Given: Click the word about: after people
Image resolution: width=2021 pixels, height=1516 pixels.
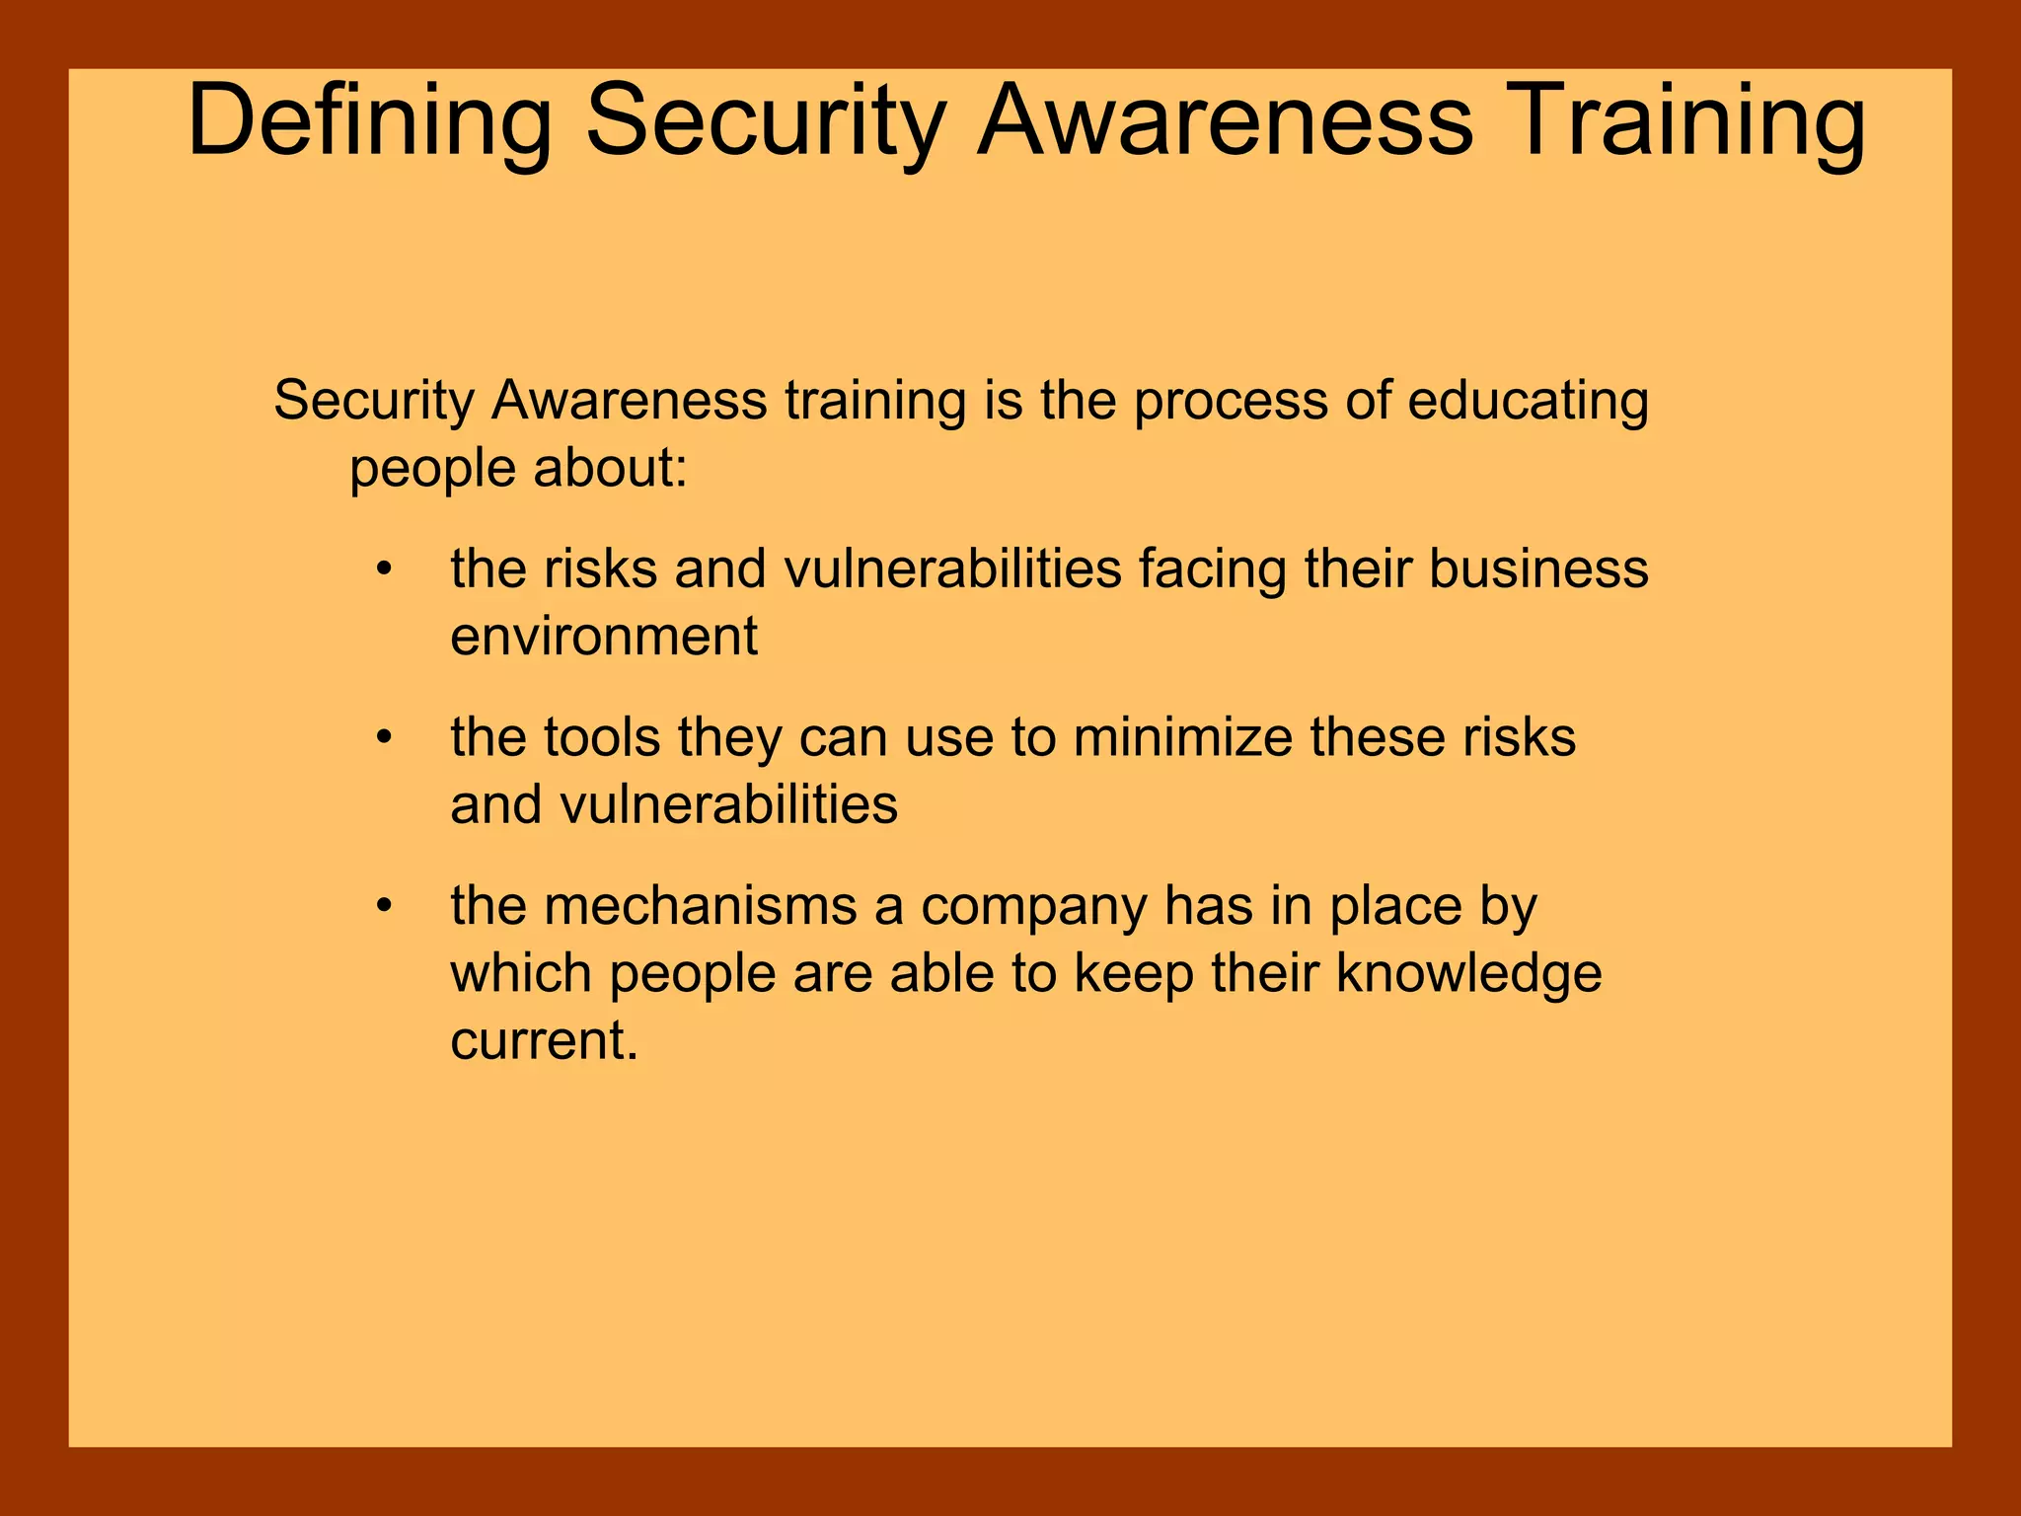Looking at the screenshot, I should [x=610, y=468].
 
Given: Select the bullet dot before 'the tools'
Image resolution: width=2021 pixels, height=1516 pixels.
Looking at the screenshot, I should [x=385, y=738].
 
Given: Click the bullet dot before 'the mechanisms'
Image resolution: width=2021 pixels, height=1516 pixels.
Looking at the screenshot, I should [x=385, y=906].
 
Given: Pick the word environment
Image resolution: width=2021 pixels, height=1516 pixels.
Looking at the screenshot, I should [x=604, y=637].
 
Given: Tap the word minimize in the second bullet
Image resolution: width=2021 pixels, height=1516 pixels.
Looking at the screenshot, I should [x=1182, y=738].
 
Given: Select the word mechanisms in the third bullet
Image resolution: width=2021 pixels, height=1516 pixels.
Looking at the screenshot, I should [x=700, y=906].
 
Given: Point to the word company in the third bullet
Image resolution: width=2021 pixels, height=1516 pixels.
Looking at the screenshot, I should [x=1033, y=906].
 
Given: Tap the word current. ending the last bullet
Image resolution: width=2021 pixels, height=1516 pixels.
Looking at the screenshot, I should [x=544, y=1041].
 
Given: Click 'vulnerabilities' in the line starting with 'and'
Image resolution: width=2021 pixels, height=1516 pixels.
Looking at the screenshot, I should [x=728, y=805].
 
